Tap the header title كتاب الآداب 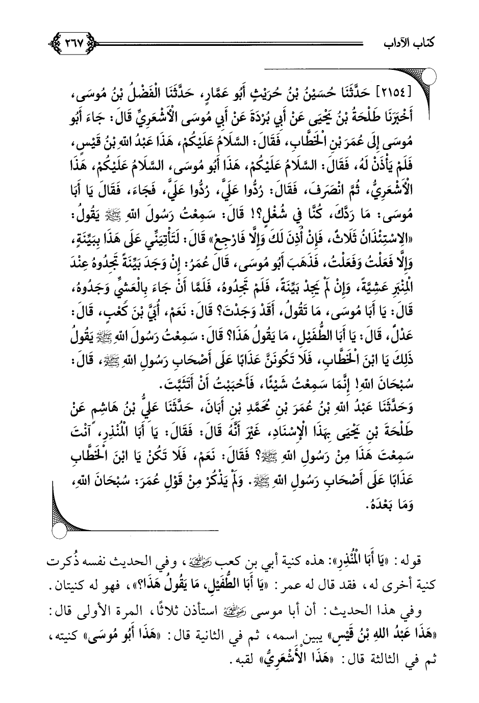pos(409,44)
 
